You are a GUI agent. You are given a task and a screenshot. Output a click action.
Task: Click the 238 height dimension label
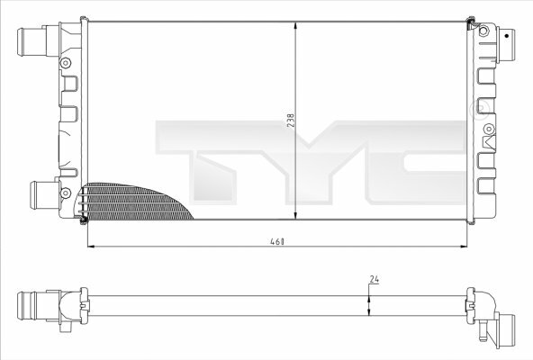point(291,121)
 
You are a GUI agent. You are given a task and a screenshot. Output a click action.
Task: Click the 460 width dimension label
point(277,242)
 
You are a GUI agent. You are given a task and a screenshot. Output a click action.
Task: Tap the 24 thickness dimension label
point(375,279)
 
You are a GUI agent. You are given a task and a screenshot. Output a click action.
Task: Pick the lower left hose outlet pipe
point(45,195)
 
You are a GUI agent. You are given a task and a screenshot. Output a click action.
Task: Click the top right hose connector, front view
point(506,45)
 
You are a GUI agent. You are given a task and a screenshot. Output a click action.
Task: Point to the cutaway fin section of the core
point(136,202)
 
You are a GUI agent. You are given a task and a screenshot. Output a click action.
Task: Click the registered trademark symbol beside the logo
point(479,108)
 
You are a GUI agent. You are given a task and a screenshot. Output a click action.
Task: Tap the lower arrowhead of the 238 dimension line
point(295,214)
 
